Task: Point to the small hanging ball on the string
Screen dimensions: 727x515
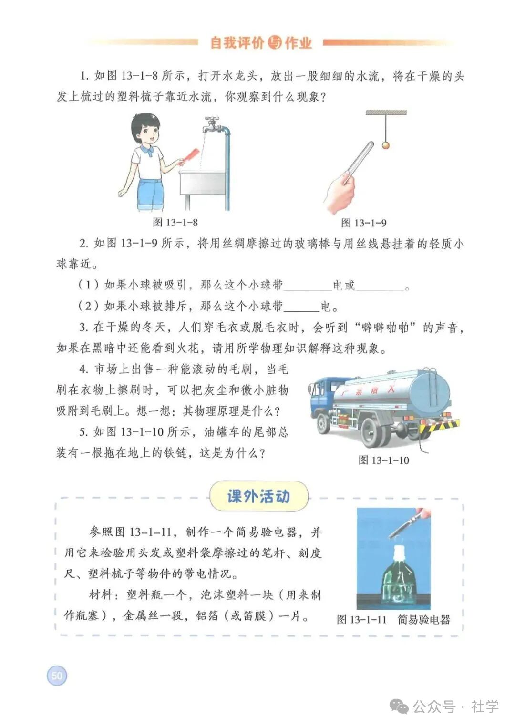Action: click(386, 144)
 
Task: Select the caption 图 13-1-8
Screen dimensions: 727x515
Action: click(175, 223)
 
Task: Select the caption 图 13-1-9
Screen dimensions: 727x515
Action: click(364, 223)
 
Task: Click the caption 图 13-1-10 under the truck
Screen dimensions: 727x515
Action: click(384, 460)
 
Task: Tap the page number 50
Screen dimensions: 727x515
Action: click(57, 676)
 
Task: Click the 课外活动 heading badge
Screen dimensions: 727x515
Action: click(259, 497)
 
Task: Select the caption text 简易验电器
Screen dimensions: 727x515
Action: click(424, 620)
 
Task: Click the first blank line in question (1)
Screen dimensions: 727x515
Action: click(308, 286)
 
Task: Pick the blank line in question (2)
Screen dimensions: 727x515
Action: click(301, 307)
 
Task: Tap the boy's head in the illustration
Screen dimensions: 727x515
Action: click(145, 129)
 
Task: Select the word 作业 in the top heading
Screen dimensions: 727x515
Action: click(299, 43)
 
